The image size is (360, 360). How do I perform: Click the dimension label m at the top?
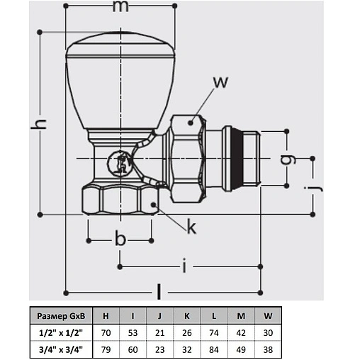120,6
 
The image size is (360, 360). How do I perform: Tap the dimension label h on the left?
39,123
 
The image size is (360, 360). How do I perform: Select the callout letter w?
220,82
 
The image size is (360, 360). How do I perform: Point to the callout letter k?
191,226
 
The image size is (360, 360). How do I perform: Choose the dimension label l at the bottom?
159,291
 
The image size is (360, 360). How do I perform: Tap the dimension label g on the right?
288,159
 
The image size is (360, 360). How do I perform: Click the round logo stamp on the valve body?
119,163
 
